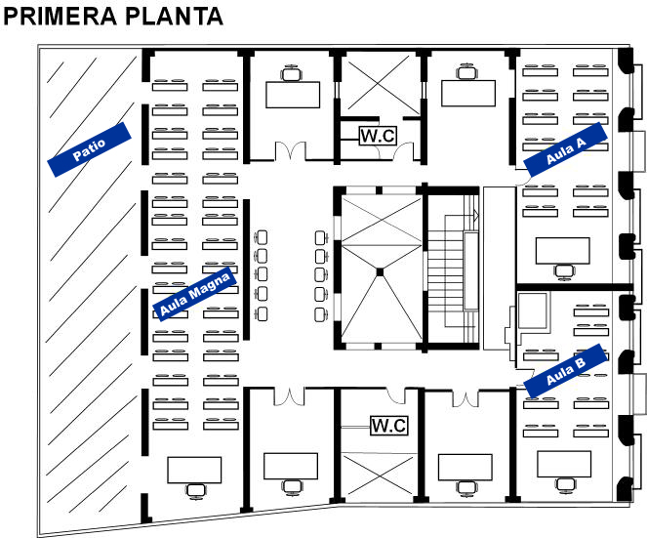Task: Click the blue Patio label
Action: coord(89,149)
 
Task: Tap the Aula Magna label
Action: coord(194,294)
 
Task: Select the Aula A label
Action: coord(565,149)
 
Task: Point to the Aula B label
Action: coord(565,371)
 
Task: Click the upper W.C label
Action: coord(378,136)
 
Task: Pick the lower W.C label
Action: coord(389,426)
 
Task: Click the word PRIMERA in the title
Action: coord(61,17)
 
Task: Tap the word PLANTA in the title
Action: coord(174,17)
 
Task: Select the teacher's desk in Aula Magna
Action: coord(194,470)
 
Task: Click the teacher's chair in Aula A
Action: coord(564,271)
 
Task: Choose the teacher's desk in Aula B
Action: coord(564,464)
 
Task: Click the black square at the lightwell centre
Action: coord(380,272)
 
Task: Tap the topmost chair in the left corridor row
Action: coord(261,237)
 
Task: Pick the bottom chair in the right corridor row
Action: coord(322,315)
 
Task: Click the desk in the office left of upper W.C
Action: coord(293,95)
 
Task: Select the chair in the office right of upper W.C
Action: coord(467,72)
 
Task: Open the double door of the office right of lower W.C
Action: coord(465,398)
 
